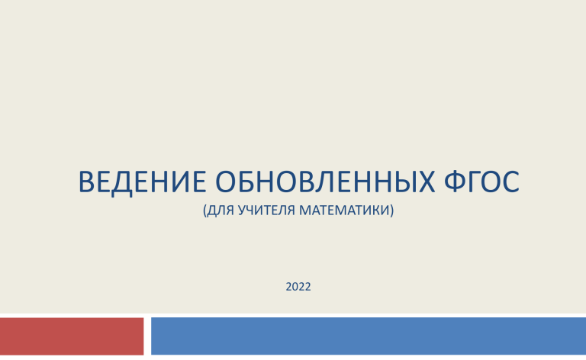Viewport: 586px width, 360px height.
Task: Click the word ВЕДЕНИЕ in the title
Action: point(142,182)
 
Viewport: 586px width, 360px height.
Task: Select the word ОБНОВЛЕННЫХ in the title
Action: point(325,182)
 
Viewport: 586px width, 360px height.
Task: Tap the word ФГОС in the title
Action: point(481,182)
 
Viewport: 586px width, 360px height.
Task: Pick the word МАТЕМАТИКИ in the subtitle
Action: point(344,210)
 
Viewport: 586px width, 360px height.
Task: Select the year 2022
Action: point(298,287)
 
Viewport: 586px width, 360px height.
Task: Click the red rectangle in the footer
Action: point(72,336)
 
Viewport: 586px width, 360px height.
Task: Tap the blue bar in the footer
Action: point(369,336)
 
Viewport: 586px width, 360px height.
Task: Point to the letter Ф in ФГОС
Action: point(456,182)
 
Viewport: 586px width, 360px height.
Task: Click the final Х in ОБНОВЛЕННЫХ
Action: point(426,182)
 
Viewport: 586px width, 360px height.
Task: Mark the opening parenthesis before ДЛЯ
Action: point(204,211)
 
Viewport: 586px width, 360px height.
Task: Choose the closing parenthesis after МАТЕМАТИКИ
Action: point(392,211)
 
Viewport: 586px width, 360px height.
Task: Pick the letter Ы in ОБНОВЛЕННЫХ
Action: point(402,182)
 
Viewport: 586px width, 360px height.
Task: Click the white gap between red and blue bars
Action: point(147,336)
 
